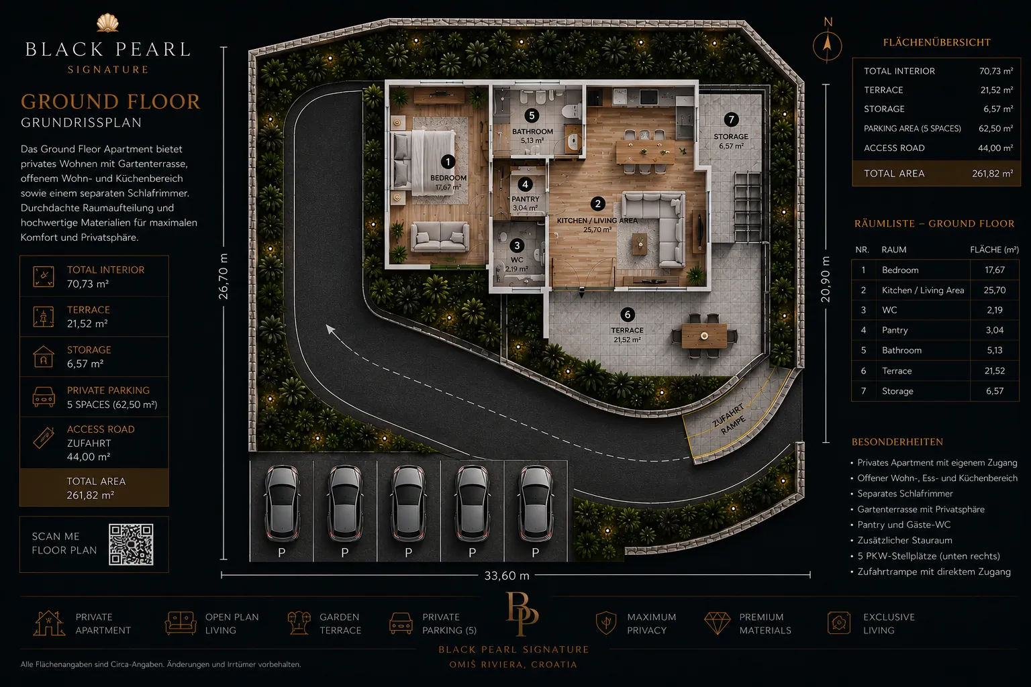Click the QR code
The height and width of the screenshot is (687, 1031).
click(x=131, y=544)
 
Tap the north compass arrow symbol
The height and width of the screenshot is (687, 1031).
click(x=827, y=45)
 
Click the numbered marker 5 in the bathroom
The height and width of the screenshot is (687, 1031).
click(x=532, y=115)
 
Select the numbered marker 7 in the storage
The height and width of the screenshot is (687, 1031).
click(x=731, y=120)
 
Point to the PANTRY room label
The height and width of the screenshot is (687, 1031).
click(x=525, y=199)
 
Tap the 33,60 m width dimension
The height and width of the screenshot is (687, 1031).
click(x=507, y=576)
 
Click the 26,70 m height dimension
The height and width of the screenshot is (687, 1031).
click(x=224, y=276)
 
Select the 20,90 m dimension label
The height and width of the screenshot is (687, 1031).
click(x=826, y=279)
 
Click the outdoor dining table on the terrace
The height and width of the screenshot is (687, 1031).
click(x=704, y=336)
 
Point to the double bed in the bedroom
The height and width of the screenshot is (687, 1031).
click(x=424, y=160)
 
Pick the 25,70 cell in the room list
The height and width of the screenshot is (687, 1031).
click(x=995, y=290)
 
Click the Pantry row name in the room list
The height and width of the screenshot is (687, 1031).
click(x=894, y=330)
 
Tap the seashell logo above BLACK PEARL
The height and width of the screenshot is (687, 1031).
click(x=107, y=23)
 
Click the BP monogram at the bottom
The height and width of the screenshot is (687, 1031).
click(x=521, y=615)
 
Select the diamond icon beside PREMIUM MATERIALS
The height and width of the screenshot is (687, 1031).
click(x=717, y=623)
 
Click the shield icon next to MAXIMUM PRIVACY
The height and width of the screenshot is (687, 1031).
click(x=606, y=623)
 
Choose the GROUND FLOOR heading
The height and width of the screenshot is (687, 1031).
click(x=111, y=102)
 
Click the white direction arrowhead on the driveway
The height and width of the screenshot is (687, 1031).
click(x=330, y=329)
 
